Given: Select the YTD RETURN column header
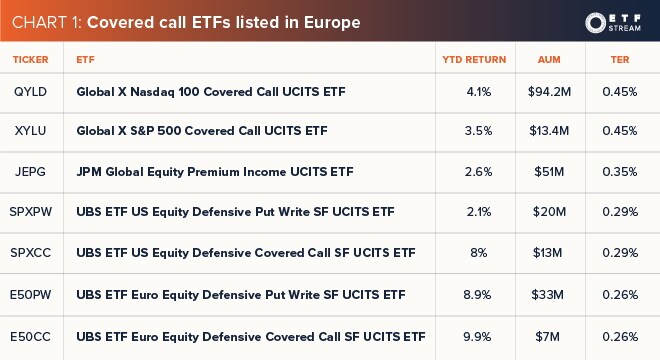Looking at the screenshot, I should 473,60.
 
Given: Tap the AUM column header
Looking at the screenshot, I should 548,60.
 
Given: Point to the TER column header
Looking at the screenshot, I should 620,60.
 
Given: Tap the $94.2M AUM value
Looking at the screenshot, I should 548,91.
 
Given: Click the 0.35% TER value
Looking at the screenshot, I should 620,171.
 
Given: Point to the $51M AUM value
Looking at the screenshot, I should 548,171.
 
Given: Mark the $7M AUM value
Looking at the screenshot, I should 548,334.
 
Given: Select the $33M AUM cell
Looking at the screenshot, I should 548,294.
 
